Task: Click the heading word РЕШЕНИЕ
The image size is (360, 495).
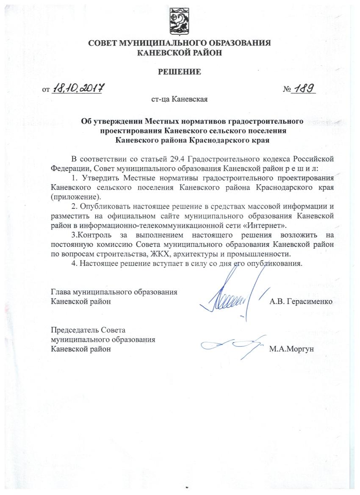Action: pos(180,72)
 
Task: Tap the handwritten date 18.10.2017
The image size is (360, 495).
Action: pos(78,89)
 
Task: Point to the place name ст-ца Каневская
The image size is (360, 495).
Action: pos(179,100)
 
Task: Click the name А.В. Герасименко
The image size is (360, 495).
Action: pos(301,301)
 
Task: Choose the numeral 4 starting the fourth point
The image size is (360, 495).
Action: pos(74,263)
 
